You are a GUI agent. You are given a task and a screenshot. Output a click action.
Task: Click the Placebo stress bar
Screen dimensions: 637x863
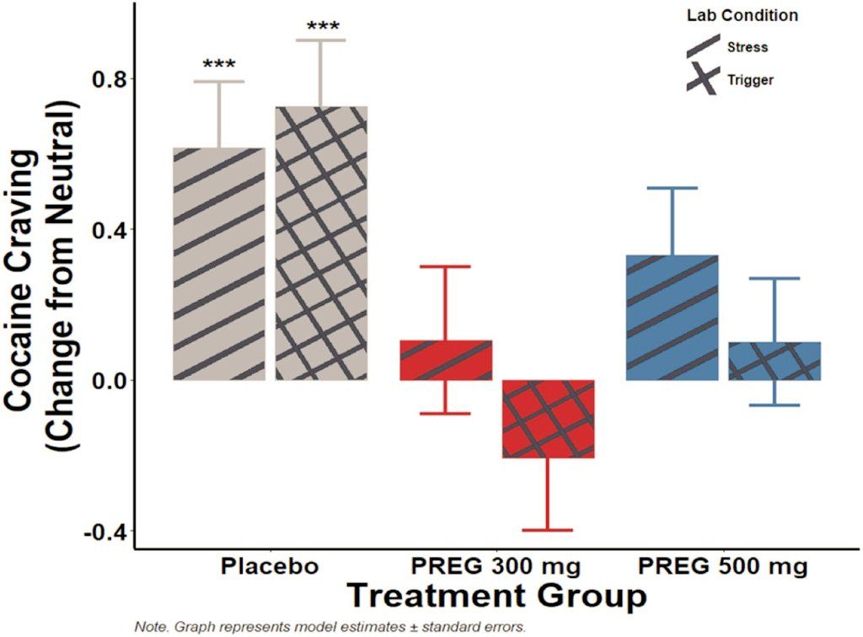click(x=219, y=264)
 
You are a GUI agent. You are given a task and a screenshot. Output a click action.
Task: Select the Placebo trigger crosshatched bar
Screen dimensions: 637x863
click(x=321, y=244)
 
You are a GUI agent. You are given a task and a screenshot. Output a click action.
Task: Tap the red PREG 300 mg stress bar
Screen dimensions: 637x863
click(x=445, y=360)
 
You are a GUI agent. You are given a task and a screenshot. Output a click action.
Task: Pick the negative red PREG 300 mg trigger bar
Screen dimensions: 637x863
click(x=548, y=419)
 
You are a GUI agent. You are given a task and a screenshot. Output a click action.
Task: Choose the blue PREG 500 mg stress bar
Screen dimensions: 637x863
click(x=672, y=318)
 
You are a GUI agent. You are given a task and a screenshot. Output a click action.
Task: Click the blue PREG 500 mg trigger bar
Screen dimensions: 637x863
click(x=774, y=361)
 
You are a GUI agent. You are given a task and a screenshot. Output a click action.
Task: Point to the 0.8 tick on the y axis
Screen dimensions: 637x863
click(x=105, y=79)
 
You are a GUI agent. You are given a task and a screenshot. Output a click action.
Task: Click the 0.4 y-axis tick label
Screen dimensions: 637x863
click(x=105, y=230)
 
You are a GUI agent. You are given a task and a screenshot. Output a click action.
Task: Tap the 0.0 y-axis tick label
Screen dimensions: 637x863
click(x=105, y=381)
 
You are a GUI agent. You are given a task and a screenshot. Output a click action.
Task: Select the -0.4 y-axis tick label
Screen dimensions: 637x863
click(x=102, y=532)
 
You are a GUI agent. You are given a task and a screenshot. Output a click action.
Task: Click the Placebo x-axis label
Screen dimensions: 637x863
click(x=270, y=565)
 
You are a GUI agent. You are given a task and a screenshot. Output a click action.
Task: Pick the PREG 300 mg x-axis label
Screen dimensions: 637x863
click(x=496, y=565)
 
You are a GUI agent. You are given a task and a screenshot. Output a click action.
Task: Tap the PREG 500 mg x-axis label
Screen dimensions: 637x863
click(x=723, y=565)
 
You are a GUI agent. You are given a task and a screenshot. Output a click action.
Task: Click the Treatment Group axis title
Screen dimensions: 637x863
click(x=497, y=595)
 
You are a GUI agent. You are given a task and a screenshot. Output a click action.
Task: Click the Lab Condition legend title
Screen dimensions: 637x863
click(x=742, y=15)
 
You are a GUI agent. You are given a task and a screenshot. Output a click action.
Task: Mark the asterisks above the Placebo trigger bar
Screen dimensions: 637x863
click(x=321, y=28)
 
